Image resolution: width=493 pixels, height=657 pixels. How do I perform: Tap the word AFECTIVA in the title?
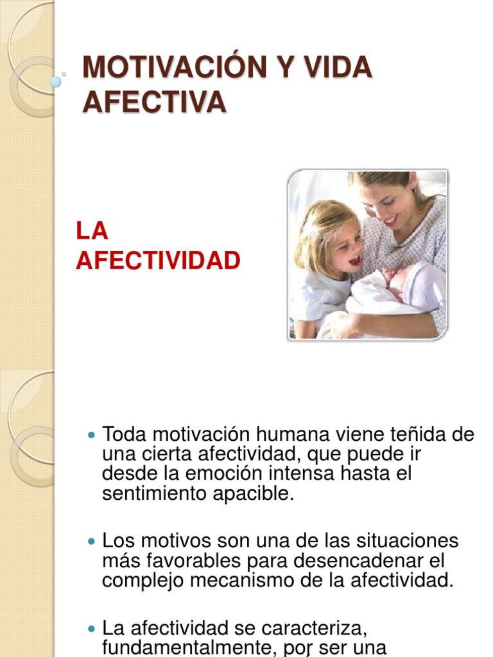point(154,102)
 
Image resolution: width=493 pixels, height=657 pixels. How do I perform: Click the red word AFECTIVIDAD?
point(158,260)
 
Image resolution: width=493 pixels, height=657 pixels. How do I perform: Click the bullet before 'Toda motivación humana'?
point(90,436)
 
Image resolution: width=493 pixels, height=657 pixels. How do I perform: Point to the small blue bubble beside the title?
point(56,81)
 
